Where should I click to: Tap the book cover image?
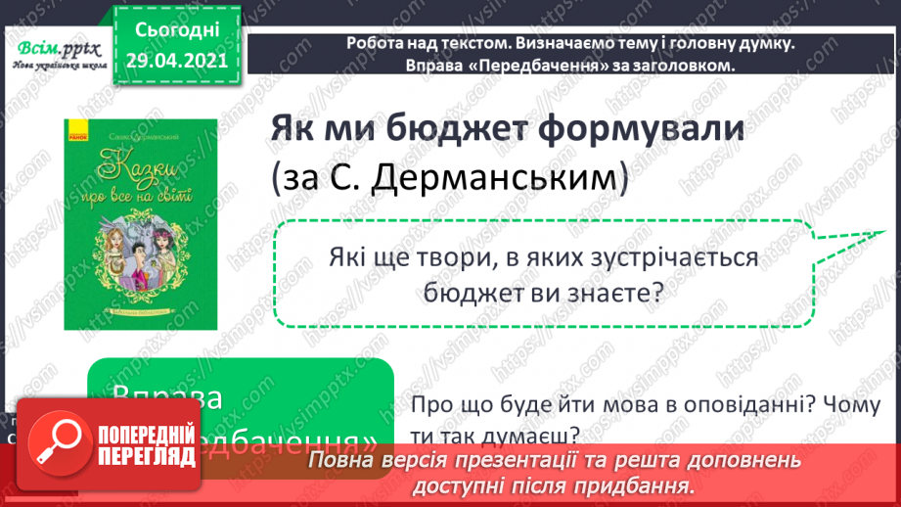(x=141, y=224)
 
